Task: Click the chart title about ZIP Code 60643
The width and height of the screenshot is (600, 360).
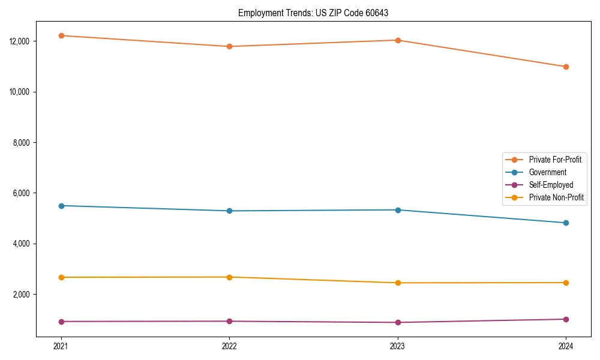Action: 313,13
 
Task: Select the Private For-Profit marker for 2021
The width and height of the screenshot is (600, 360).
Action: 61,35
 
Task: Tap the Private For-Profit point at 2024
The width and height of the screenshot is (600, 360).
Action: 566,67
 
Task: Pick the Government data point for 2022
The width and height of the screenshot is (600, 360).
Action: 229,211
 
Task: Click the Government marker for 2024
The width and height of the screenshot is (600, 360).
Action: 566,223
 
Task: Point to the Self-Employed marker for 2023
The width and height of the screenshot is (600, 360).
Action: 398,322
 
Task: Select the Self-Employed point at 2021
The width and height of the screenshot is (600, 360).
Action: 61,322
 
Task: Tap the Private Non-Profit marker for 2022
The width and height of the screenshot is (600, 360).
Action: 229,277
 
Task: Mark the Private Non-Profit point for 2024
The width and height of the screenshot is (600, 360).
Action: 566,283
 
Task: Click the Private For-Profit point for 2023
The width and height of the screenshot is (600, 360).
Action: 398,40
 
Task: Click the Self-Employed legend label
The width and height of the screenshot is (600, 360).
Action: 551,185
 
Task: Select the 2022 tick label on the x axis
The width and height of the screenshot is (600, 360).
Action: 229,346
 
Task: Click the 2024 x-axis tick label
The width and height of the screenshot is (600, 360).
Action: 566,346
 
